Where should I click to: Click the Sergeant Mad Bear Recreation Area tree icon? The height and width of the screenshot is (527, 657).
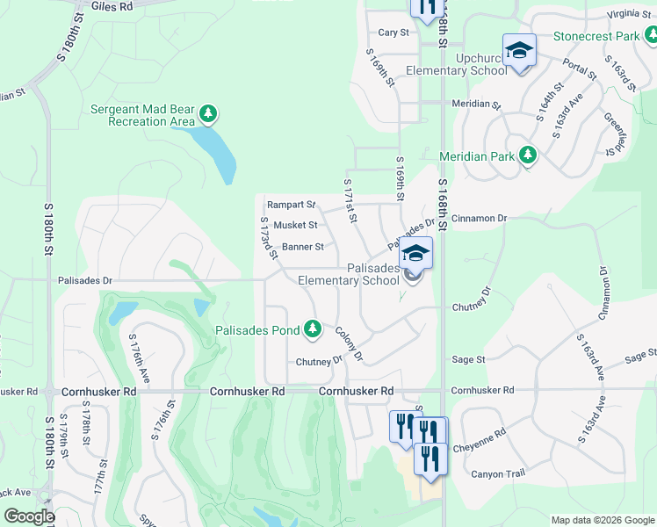208,113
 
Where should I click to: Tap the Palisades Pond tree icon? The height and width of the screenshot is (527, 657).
312,329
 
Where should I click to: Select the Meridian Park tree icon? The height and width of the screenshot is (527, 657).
527,155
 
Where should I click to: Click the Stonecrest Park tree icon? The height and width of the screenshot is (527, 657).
649,35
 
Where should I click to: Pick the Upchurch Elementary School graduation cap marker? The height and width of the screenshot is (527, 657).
518,49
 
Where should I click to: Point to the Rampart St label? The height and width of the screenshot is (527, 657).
291,205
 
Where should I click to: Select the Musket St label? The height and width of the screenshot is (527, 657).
295,226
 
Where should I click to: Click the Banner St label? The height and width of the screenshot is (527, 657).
303,247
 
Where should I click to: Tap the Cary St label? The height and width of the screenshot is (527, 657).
393,32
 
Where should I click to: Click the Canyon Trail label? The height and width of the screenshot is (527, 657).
499,474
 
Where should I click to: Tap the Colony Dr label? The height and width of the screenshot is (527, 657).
349,343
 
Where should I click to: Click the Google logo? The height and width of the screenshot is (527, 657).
29,517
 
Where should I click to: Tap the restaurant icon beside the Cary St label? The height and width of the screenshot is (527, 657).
424,7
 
